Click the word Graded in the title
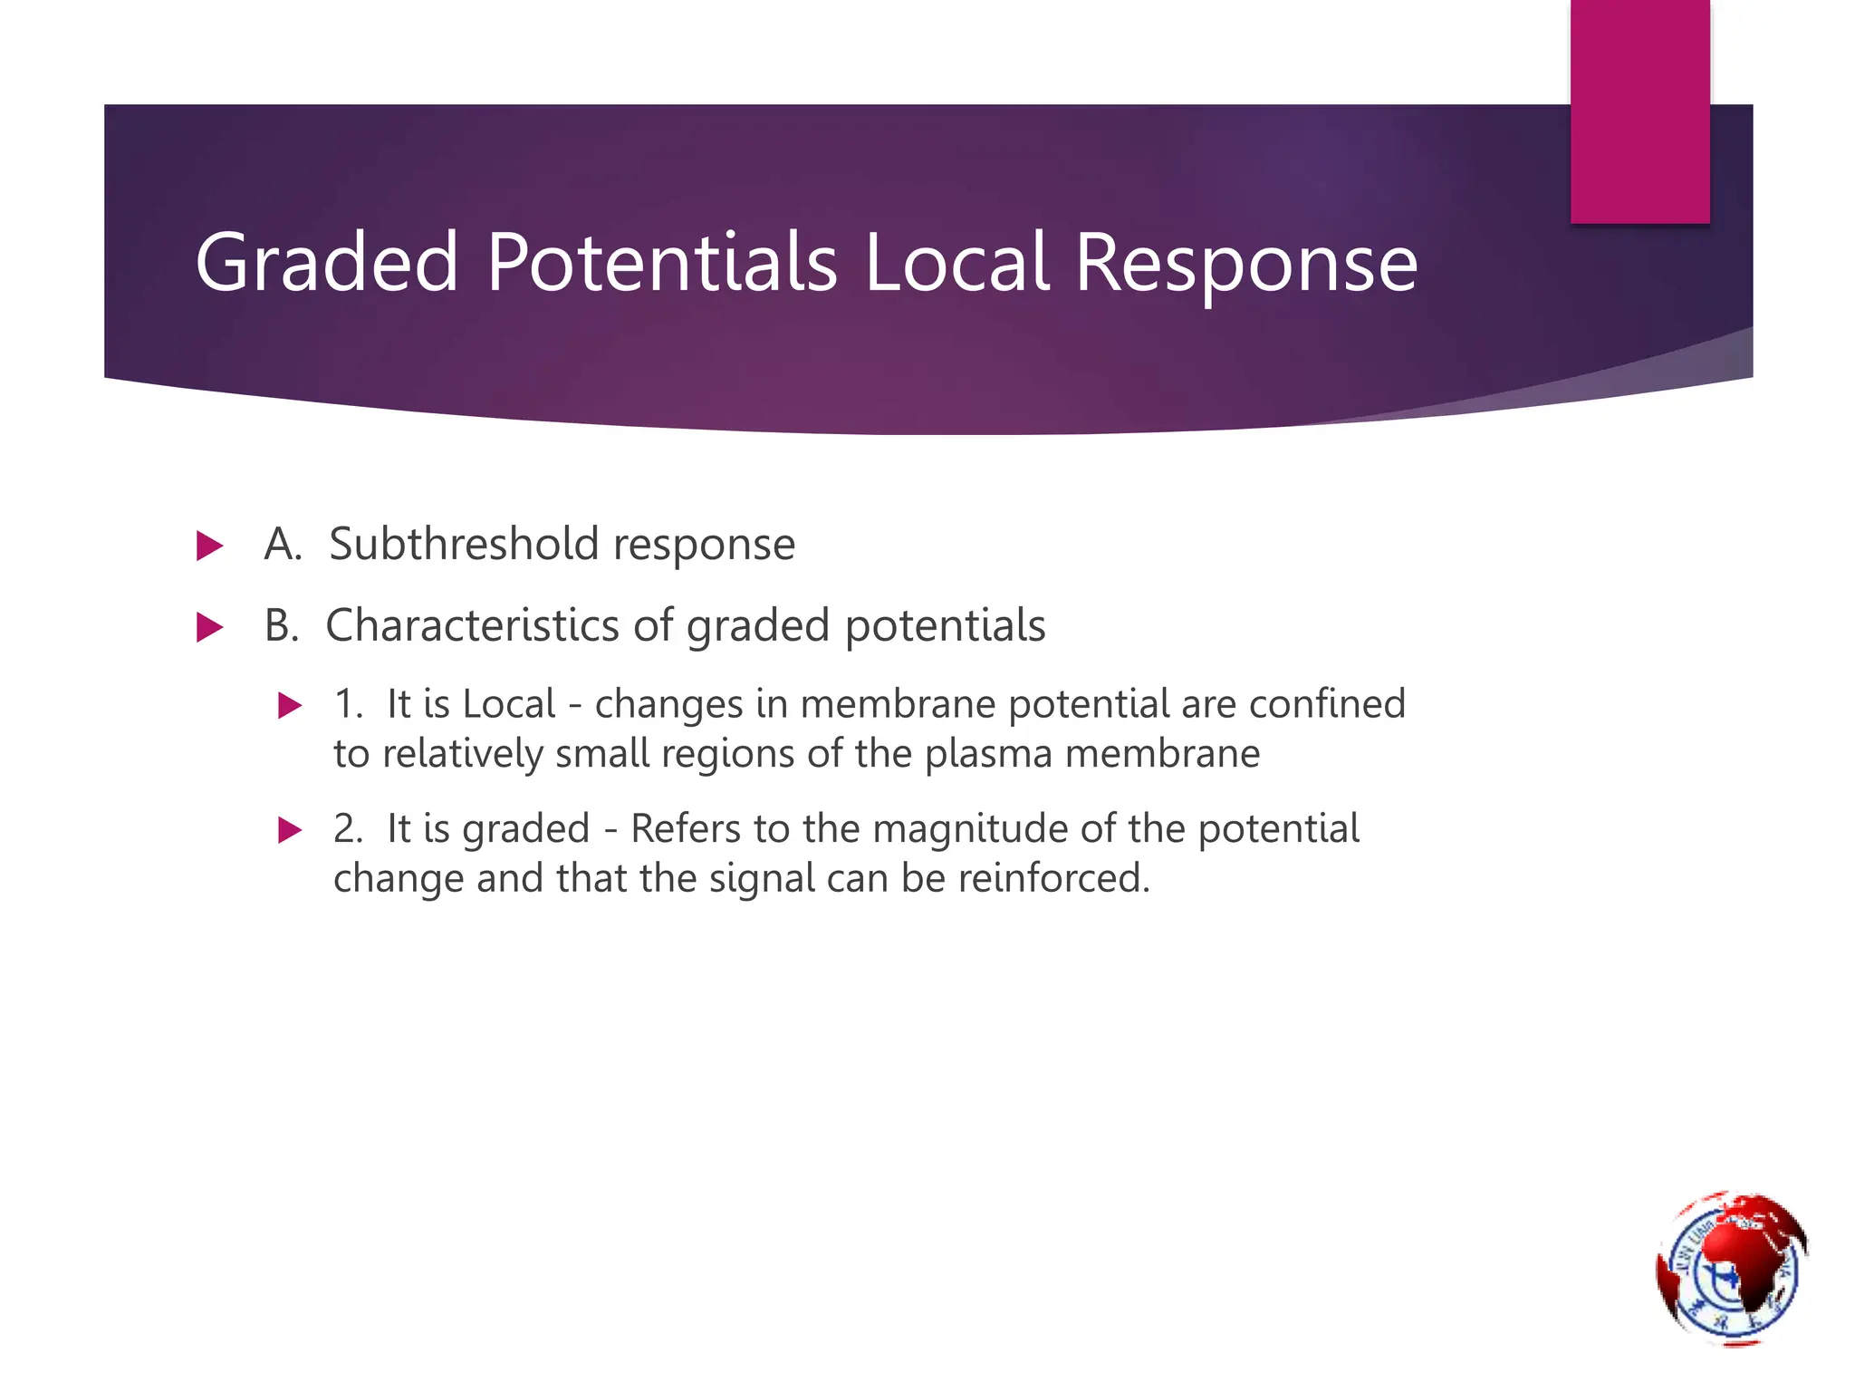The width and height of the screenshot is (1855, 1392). pyautogui.click(x=327, y=263)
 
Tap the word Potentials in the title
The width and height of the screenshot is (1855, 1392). pyautogui.click(x=661, y=263)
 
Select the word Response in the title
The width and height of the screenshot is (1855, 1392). pyautogui.click(x=1245, y=263)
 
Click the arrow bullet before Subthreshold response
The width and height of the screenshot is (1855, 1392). pyautogui.click(x=209, y=546)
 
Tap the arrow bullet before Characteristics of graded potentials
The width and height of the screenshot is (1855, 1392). pyautogui.click(x=209, y=627)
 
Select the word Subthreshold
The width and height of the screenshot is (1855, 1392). pyautogui.click(x=464, y=544)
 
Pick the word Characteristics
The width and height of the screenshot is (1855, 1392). pyautogui.click(x=471, y=625)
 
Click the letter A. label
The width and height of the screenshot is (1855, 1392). pyautogui.click(x=283, y=544)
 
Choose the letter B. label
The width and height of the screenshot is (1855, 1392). pyautogui.click(x=282, y=625)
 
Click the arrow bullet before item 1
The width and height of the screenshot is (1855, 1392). pyautogui.click(x=290, y=705)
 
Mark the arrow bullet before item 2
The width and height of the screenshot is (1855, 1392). pyautogui.click(x=290, y=829)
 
